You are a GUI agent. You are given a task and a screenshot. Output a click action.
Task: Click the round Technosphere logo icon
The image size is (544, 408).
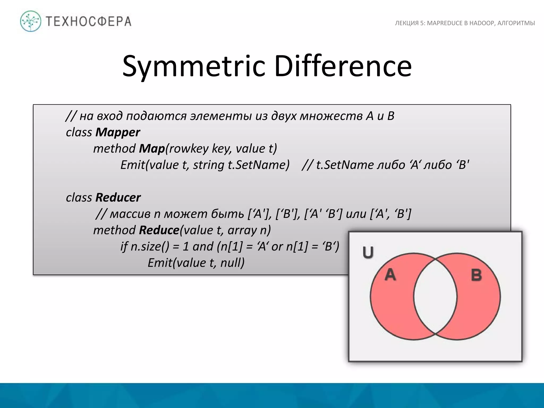point(31,21)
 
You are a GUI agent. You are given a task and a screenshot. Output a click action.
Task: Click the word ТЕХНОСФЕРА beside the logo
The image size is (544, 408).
point(89,21)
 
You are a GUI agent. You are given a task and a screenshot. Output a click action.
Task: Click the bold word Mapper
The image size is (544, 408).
point(118,132)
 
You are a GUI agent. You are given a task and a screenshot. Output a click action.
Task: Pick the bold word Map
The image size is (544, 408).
point(152,148)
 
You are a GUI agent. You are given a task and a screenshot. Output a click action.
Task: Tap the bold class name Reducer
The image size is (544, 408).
point(118,197)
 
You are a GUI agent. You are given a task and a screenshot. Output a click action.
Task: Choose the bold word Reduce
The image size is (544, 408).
point(159,230)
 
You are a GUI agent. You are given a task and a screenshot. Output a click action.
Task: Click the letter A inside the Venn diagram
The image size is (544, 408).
point(390,274)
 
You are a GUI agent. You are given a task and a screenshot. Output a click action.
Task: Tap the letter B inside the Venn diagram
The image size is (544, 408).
point(476,275)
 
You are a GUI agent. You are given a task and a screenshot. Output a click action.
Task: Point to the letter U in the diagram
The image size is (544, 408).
point(368,252)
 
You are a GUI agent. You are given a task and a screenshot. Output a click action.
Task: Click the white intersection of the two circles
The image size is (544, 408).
point(435,296)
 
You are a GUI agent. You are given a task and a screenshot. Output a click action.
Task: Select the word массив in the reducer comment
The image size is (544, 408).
point(130,214)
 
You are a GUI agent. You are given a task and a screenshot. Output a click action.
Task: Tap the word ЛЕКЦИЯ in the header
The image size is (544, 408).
point(407,23)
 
